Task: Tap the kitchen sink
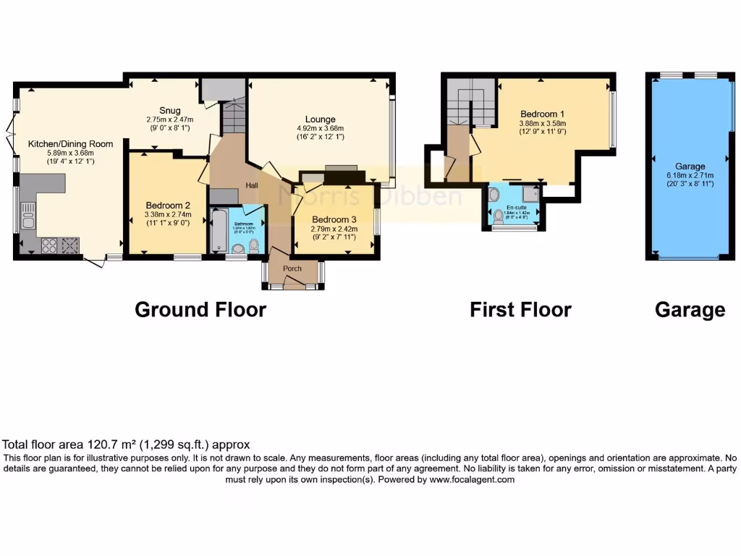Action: coord(28,214)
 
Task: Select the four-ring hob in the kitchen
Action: coord(49,245)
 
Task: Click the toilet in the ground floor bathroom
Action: coord(253,246)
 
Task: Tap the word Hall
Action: coord(252,186)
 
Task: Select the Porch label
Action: coord(292,269)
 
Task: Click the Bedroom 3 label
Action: coord(334,219)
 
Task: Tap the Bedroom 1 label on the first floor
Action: coord(542,114)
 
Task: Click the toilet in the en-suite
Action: coord(499,216)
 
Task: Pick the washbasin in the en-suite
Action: coord(493,195)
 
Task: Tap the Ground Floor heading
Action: coord(200,310)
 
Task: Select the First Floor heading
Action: coord(520,310)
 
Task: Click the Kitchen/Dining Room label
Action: coord(70,144)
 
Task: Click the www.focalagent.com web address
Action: coord(472,479)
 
